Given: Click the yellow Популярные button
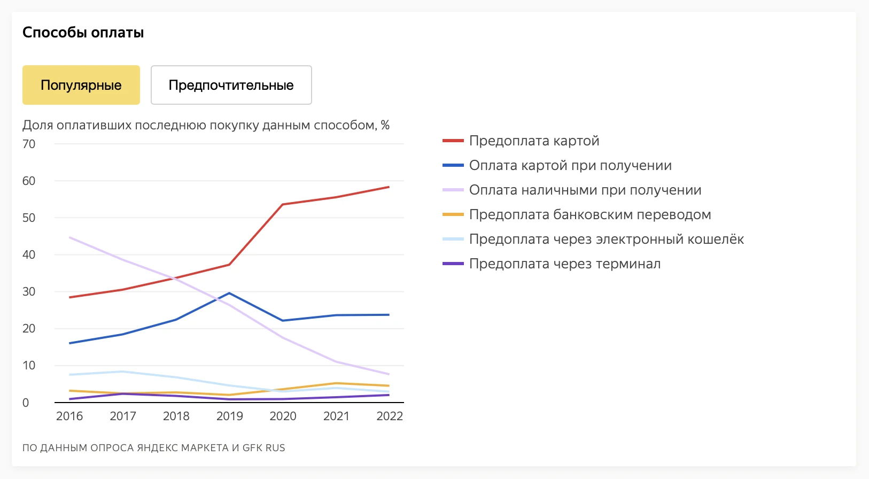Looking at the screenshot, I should tap(81, 85).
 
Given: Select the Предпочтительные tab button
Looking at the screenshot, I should tap(231, 85).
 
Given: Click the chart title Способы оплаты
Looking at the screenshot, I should tap(83, 33).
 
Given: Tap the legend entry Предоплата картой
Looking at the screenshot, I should tap(534, 141).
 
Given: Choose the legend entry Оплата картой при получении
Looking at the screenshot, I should tap(570, 165).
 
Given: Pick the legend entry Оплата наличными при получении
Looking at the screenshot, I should tap(585, 190).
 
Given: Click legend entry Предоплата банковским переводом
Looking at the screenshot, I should tap(590, 214).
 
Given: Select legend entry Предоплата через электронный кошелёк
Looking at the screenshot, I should tap(607, 239).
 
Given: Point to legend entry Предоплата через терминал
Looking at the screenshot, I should tap(565, 264).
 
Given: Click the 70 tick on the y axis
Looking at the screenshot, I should tap(29, 144).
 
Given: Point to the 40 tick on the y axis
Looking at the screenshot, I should tap(29, 254).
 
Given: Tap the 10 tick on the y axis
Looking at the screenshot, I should tap(29, 365).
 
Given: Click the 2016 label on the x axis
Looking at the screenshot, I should tap(69, 416).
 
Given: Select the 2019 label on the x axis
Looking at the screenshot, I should tap(229, 416).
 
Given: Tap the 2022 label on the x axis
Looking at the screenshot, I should tap(390, 416).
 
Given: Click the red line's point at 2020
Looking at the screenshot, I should tap(283, 204).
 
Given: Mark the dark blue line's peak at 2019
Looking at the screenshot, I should tap(229, 293).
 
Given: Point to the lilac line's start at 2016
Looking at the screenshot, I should tap(70, 237).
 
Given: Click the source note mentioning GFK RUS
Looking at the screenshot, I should tap(154, 448).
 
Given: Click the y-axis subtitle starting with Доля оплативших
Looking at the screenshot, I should tap(206, 125).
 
